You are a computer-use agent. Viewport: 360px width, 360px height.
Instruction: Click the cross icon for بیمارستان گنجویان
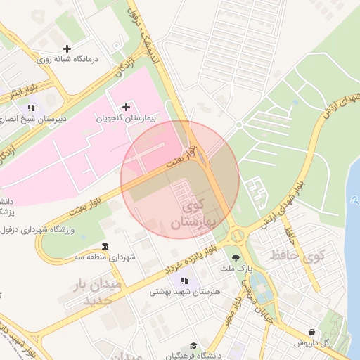pos(126,107)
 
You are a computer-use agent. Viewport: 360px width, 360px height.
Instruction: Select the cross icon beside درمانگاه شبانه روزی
pos(67,49)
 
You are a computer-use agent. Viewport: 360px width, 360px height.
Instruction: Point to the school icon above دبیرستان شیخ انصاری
pos(31,108)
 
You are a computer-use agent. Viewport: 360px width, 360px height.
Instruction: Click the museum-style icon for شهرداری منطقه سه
pos(105,246)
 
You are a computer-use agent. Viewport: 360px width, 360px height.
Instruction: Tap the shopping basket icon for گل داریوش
pos(311,332)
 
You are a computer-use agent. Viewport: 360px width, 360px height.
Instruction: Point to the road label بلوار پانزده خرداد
pos(191,262)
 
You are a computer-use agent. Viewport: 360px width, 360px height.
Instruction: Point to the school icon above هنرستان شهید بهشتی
pos(185,281)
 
